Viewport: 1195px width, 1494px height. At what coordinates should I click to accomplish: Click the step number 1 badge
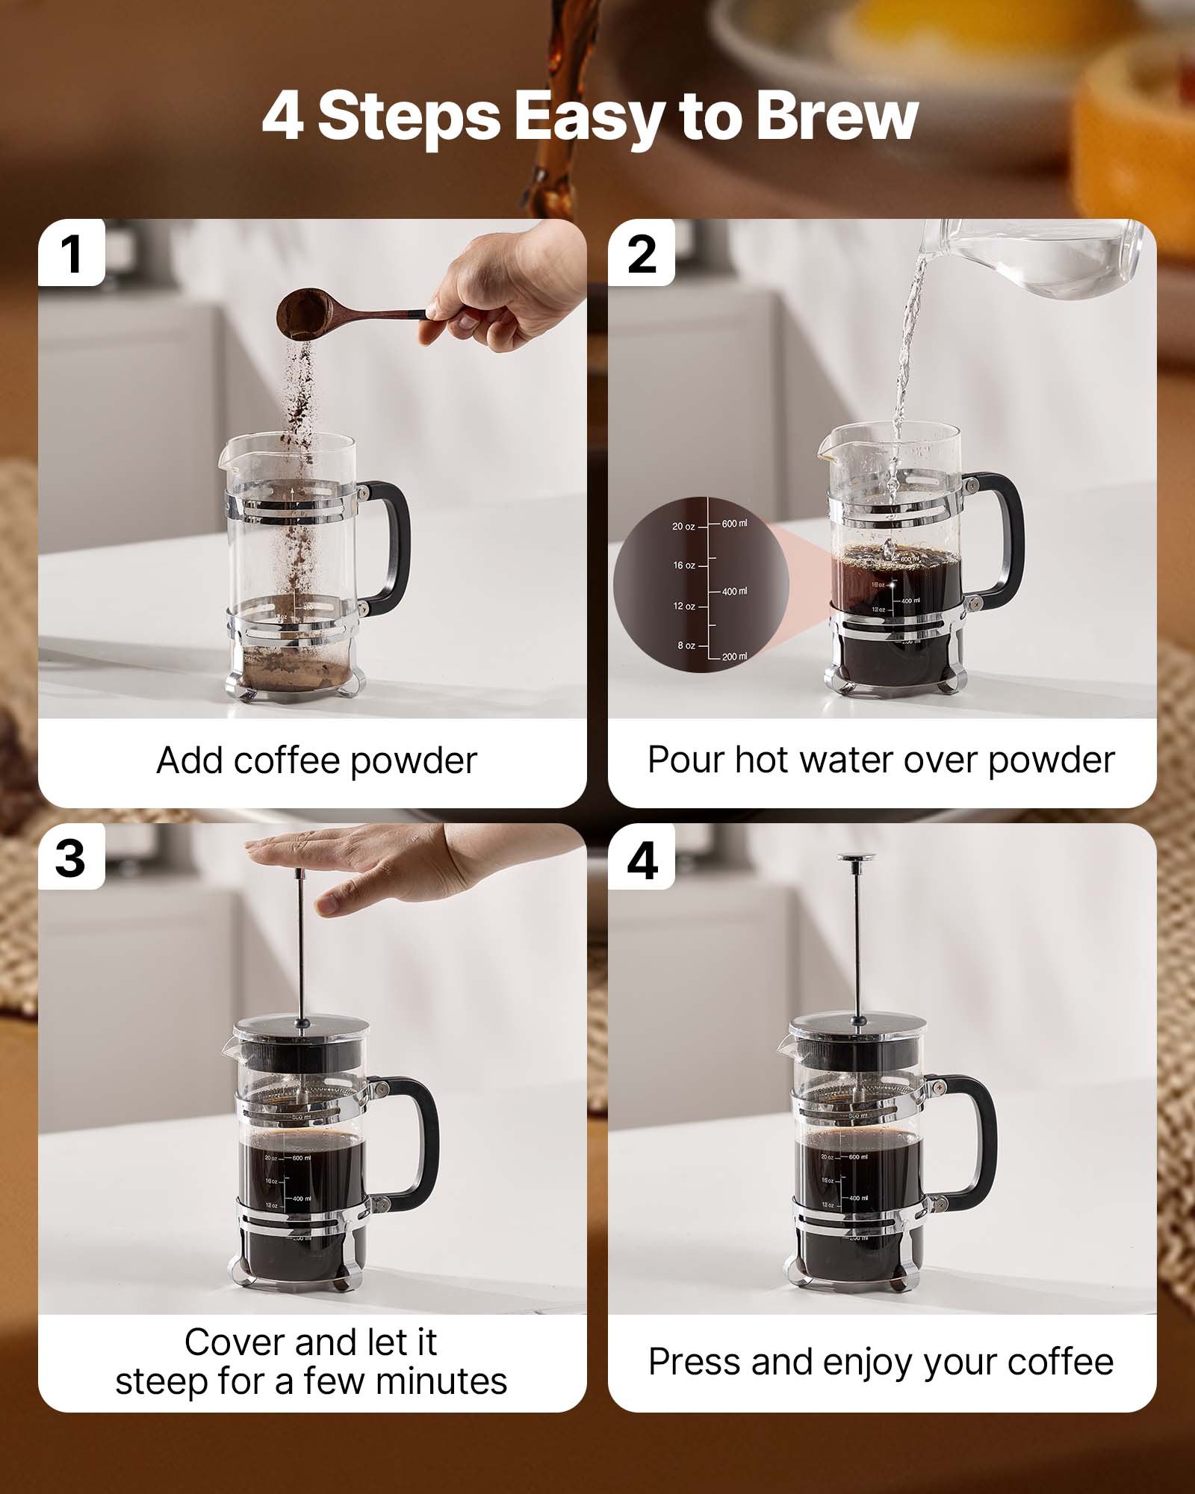(x=72, y=254)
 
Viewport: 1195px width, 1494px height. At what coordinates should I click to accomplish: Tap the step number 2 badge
(x=642, y=254)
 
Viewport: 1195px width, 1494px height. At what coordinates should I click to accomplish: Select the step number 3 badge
(x=70, y=858)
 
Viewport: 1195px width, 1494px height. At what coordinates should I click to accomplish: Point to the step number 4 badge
(x=642, y=859)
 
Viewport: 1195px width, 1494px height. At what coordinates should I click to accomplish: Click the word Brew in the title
(x=836, y=117)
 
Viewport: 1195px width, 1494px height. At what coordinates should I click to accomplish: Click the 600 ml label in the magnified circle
(x=733, y=524)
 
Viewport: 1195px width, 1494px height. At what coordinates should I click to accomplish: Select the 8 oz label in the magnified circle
(x=686, y=645)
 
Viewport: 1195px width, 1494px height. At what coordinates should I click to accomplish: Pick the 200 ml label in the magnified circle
(x=733, y=657)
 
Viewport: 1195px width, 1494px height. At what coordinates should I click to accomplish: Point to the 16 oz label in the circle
(x=683, y=565)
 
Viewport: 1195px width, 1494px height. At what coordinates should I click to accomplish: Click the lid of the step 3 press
(x=302, y=1026)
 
